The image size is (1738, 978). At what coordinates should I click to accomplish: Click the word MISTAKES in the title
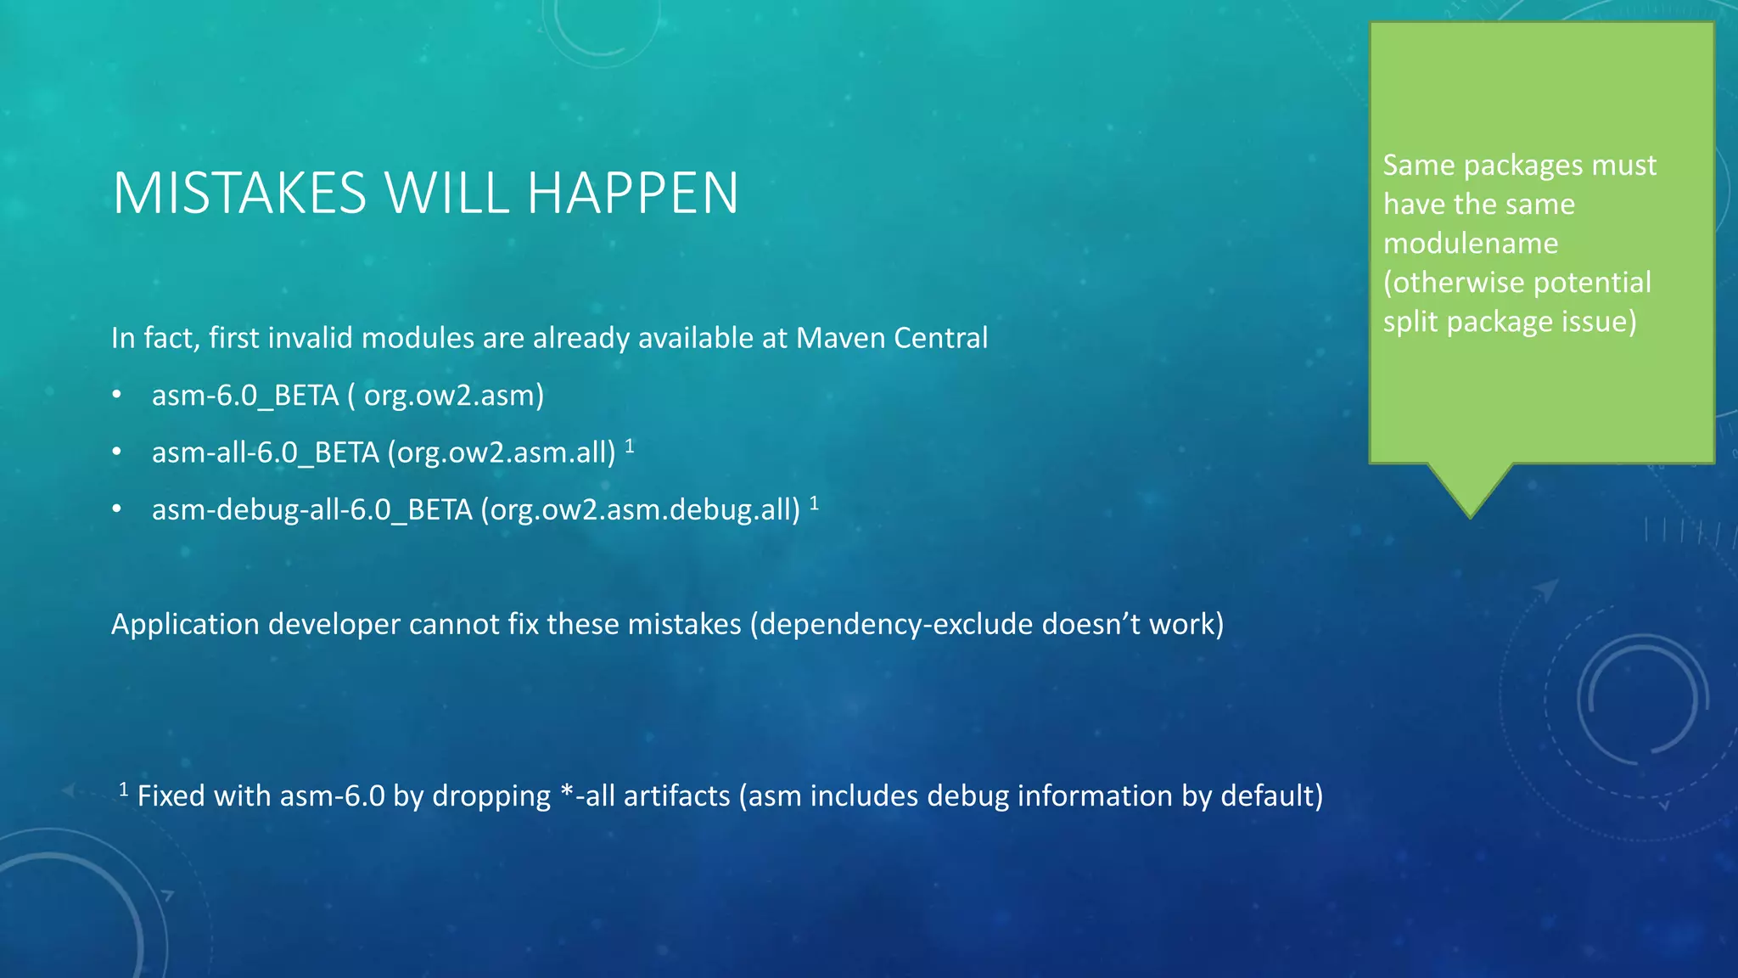(239, 194)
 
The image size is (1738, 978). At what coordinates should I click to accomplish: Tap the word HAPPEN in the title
(632, 194)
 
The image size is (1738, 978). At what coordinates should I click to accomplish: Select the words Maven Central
(892, 338)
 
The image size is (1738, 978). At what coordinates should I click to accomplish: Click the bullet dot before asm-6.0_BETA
(117, 395)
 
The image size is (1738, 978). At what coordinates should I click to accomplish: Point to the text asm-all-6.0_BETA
(265, 452)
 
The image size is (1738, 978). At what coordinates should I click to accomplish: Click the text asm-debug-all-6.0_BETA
(311, 509)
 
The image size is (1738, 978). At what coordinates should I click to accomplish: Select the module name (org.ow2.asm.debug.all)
(641, 509)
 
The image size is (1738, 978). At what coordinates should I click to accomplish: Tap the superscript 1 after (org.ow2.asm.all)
(630, 446)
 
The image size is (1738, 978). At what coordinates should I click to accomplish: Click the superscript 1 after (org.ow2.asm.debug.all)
(814, 503)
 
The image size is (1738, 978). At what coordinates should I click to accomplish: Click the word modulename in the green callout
(1471, 244)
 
